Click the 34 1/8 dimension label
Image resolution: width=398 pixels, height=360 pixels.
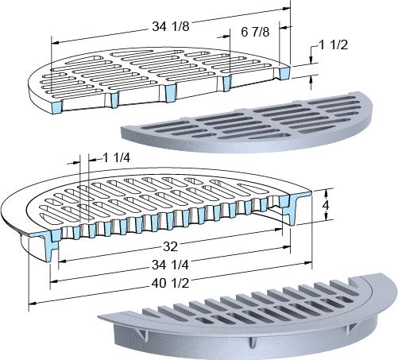[x=171, y=26]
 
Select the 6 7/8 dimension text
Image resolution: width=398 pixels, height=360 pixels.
[x=255, y=32]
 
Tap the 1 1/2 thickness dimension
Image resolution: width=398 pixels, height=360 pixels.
[x=334, y=45]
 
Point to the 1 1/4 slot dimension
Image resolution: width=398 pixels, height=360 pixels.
[x=117, y=158]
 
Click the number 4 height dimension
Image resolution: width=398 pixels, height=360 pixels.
[x=326, y=205]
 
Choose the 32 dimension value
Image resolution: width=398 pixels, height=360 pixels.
[x=170, y=247]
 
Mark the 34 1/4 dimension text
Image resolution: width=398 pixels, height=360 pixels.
[x=170, y=265]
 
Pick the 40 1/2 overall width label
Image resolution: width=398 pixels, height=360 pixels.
[x=170, y=284]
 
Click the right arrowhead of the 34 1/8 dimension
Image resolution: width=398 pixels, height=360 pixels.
[x=287, y=9]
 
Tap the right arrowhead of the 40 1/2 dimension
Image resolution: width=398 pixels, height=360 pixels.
[x=308, y=263]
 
